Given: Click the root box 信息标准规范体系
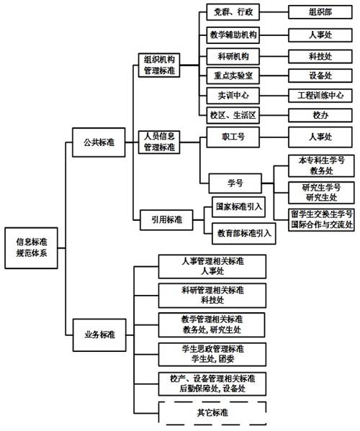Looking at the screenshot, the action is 32,248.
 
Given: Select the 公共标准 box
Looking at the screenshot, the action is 99,142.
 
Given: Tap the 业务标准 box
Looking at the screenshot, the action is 99,335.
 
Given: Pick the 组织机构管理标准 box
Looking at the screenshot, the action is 159,65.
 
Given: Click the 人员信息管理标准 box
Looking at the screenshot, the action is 159,142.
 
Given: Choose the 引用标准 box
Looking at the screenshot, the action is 166,220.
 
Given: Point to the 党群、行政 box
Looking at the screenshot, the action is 233,12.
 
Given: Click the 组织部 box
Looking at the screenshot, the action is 320,12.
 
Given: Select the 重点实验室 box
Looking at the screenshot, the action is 233,76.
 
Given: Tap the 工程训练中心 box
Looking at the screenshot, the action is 320,96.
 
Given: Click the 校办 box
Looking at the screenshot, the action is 320,115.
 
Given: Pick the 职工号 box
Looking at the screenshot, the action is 233,137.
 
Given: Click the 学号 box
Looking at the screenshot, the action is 235,183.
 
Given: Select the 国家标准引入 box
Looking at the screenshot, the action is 239,207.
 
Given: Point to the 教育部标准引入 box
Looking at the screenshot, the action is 244,234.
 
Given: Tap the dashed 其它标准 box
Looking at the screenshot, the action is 212,412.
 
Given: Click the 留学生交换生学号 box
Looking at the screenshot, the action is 322,219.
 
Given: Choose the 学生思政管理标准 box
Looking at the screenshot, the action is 212,354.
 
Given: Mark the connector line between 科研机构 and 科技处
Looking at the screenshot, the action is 274,57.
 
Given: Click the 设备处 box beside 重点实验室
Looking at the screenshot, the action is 320,76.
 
